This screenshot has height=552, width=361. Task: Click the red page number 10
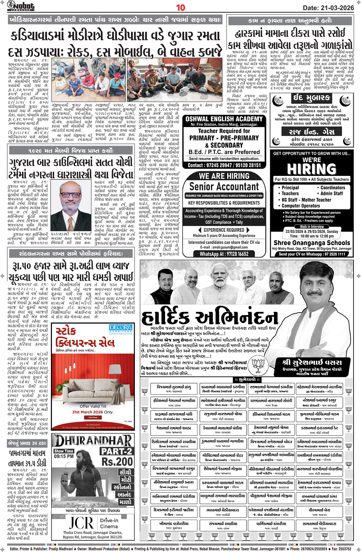point(180,7)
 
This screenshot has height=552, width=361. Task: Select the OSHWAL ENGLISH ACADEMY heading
point(224,119)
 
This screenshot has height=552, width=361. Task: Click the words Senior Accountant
point(224,187)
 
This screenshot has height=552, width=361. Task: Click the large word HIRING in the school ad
point(312,169)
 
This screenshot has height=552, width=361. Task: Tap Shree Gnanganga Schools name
point(312,243)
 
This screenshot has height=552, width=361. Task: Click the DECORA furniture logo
point(121,329)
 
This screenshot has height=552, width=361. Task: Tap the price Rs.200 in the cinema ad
point(117,462)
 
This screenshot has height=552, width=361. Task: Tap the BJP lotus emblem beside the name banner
point(258,365)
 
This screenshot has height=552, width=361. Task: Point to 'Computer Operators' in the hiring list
point(301,206)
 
